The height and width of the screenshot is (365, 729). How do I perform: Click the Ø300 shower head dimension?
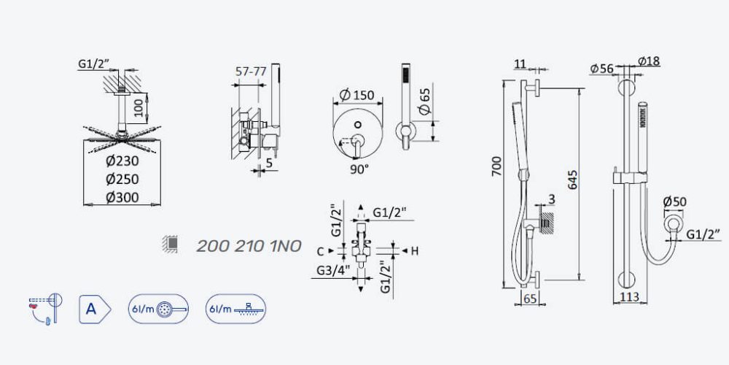122,197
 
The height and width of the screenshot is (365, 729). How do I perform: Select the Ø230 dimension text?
122,161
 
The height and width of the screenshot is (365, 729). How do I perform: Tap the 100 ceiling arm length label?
137,108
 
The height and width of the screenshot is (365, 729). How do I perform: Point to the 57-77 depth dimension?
251,72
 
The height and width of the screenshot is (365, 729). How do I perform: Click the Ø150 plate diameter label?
357,95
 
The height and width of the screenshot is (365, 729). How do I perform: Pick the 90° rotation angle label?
359,169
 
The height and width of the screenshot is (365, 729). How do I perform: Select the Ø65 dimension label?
424,101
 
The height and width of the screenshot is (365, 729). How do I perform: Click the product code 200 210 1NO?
249,246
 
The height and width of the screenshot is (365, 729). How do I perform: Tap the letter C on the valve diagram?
320,251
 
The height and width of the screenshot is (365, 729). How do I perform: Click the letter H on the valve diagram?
415,251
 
